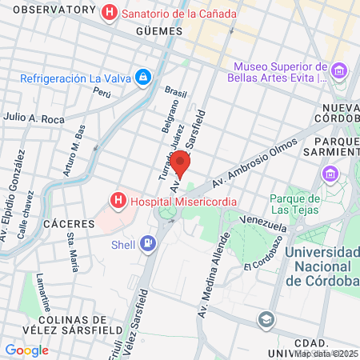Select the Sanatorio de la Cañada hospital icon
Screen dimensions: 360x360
click(110, 13)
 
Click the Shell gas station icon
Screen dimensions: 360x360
click(148, 242)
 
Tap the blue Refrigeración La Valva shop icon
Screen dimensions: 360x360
click(142, 78)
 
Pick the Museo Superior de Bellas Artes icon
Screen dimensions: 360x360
click(338, 71)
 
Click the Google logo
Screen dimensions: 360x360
click(26, 350)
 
